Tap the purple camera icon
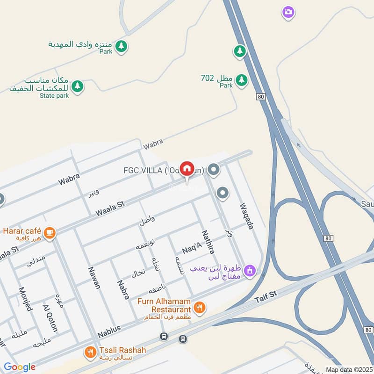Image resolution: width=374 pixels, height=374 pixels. [x=288, y=12]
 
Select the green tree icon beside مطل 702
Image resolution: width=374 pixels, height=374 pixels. [x=241, y=80]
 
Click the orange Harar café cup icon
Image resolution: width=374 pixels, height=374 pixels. [x=49, y=231]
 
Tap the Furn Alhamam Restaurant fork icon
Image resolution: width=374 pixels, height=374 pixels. [x=200, y=307]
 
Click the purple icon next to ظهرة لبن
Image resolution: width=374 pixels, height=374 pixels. [x=250, y=270]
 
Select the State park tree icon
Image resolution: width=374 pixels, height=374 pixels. [x=78, y=86]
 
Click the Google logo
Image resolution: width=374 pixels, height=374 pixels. [x=20, y=367]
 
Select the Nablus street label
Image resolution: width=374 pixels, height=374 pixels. [x=109, y=331]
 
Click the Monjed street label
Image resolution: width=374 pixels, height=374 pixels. [x=25, y=299]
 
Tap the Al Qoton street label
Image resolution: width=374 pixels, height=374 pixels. [x=50, y=318]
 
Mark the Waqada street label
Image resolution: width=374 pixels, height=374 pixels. [x=246, y=216]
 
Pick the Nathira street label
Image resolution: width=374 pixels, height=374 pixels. [x=208, y=242]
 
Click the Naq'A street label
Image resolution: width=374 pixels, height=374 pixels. [x=191, y=248]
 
